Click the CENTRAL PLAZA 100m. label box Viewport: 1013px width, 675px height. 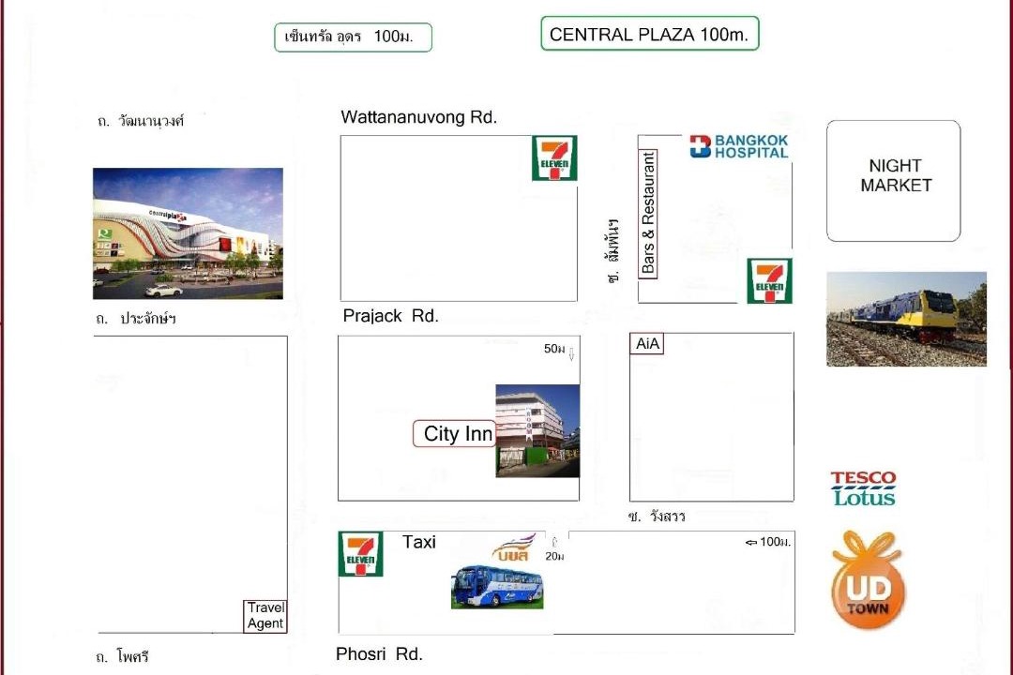pyautogui.click(x=650, y=34)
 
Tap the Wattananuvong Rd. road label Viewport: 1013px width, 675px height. pyautogui.click(x=418, y=117)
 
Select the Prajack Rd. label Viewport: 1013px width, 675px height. pyautogui.click(x=390, y=316)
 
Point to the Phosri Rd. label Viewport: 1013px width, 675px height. pyautogui.click(x=379, y=653)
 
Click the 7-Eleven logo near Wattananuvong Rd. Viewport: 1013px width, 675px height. pyautogui.click(x=554, y=158)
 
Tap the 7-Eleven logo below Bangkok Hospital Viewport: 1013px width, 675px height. pyautogui.click(x=769, y=281)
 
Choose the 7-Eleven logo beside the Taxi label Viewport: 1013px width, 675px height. pyautogui.click(x=361, y=554)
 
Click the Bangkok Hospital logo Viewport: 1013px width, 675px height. pyautogui.click(x=739, y=146)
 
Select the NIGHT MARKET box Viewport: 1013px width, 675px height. pyautogui.click(x=894, y=181)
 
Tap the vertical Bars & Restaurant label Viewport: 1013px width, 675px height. pyautogui.click(x=648, y=213)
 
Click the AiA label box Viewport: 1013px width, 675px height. pyautogui.click(x=646, y=344)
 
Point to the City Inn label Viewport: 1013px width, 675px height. pyautogui.click(x=458, y=433)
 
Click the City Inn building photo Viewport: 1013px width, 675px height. pyautogui.click(x=537, y=431)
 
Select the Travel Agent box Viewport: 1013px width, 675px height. pyautogui.click(x=265, y=616)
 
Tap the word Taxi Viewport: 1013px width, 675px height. pyautogui.click(x=419, y=542)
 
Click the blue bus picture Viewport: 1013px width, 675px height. pyautogui.click(x=497, y=586)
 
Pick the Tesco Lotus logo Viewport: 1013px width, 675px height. pyautogui.click(x=864, y=489)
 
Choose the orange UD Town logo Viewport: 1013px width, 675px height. pyautogui.click(x=869, y=580)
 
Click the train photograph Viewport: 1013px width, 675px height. pyautogui.click(x=906, y=319)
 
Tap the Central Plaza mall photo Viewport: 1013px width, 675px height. pyautogui.click(x=188, y=233)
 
